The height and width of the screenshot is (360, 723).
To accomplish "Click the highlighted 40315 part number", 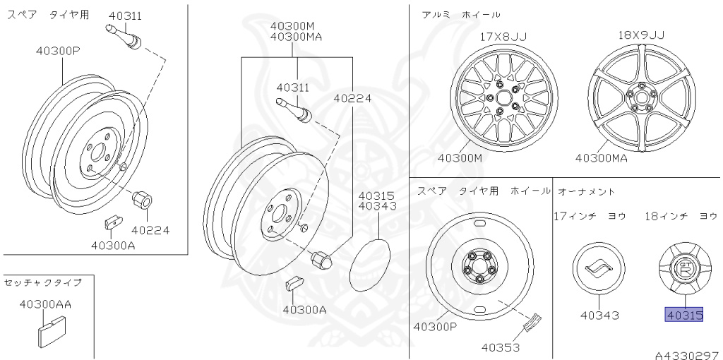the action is [683, 316].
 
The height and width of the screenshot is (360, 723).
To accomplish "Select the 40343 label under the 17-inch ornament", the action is [599, 316].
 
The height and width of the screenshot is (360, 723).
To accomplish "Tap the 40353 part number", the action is [501, 347].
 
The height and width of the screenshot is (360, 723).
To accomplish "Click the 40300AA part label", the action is [45, 304].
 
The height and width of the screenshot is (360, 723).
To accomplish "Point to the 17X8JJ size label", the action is [503, 37].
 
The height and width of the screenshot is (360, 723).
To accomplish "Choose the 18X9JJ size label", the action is [641, 35].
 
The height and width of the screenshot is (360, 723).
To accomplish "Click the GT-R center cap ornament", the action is [683, 270].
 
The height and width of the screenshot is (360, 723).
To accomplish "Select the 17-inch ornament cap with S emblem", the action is [599, 269].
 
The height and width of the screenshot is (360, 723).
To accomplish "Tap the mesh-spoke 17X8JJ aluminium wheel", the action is [504, 97].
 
